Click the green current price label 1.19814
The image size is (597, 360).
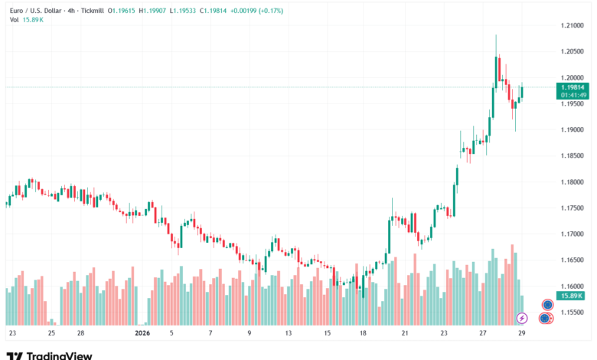coord(573,87)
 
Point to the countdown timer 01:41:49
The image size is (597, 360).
coord(573,95)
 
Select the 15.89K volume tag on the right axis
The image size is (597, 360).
coord(572,295)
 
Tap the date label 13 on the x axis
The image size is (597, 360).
coord(289,333)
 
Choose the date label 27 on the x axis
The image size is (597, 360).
coord(483,333)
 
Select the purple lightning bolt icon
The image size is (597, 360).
coord(522,318)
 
